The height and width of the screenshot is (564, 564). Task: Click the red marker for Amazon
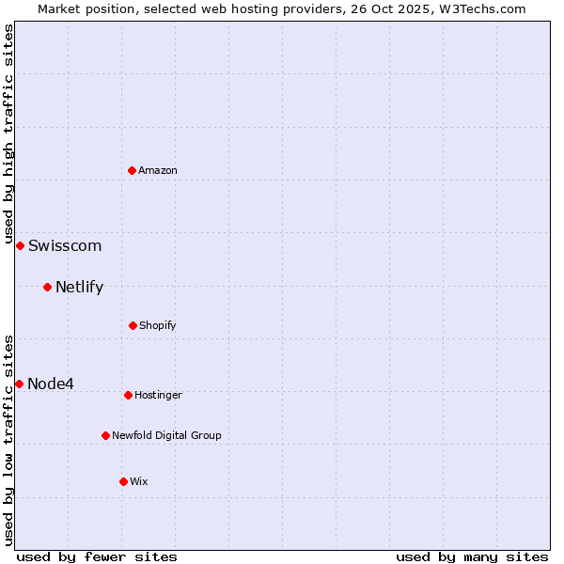click(x=133, y=170)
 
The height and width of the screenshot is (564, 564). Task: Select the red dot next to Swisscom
click(x=20, y=245)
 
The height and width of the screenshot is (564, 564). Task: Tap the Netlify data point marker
click(x=47, y=287)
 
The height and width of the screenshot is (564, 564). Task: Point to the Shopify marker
click(x=133, y=325)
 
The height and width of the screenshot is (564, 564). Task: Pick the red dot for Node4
click(x=19, y=384)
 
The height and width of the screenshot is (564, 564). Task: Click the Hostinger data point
click(x=128, y=395)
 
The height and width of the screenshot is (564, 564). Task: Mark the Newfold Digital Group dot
click(x=105, y=435)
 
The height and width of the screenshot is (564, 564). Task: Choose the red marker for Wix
click(x=123, y=481)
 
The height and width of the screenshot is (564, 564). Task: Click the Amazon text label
click(x=158, y=170)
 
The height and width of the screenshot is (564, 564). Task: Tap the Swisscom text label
click(x=65, y=246)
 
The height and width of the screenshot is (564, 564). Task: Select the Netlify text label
click(x=80, y=288)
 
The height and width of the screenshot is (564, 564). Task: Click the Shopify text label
click(x=158, y=325)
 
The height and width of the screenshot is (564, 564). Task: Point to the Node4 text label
click(x=51, y=384)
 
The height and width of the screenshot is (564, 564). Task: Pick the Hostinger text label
click(x=158, y=395)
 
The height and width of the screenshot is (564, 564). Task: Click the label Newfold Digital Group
click(x=167, y=435)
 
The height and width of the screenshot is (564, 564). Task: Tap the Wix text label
click(x=139, y=481)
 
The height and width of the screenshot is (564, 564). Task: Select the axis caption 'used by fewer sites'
click(x=97, y=556)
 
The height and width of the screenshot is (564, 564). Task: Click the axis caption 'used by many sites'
click(x=472, y=556)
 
